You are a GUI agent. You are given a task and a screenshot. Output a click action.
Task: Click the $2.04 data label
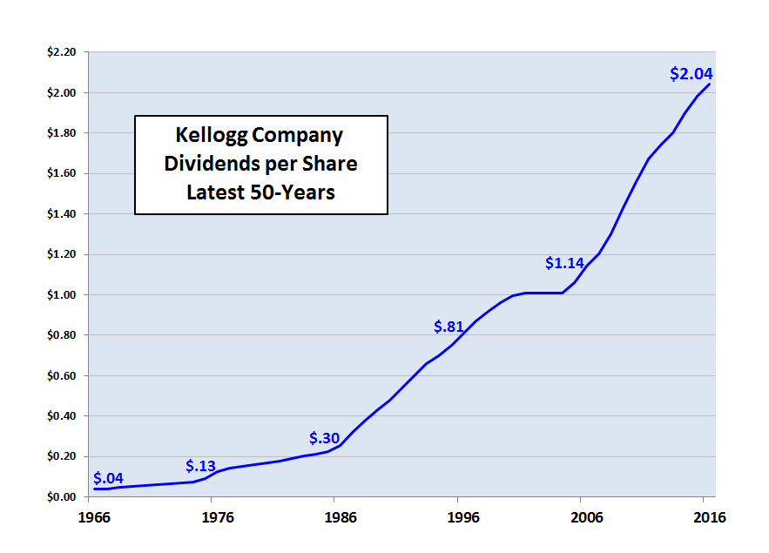pos(691,74)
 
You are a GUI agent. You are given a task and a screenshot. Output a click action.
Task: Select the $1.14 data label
pos(566,262)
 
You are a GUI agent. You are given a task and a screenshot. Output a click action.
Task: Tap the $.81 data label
pos(451,327)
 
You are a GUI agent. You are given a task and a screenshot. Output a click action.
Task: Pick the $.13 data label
pos(201,466)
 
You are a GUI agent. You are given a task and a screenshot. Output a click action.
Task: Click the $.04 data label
pos(108,478)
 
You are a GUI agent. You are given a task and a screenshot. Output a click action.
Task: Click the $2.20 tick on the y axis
pos(62,52)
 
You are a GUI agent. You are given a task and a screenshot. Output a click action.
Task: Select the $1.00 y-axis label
pos(62,295)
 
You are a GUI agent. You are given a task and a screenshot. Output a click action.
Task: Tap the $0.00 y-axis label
pos(62,497)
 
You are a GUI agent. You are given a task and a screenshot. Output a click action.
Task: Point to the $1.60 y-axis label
pos(62,174)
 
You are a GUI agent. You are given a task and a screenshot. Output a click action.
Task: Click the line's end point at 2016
pos(710,84)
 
